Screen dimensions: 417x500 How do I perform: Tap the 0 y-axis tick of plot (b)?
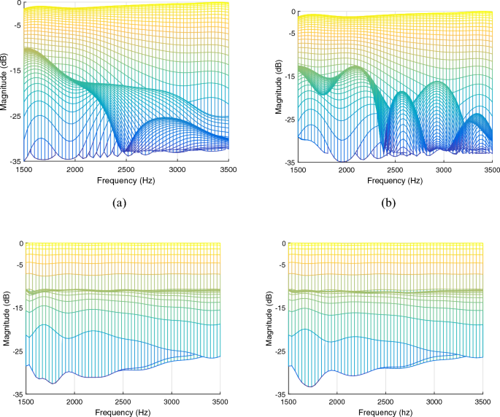pos(294,12)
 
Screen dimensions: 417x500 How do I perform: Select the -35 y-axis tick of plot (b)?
pos(289,163)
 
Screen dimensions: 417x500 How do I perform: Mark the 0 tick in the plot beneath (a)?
pos(20,243)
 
